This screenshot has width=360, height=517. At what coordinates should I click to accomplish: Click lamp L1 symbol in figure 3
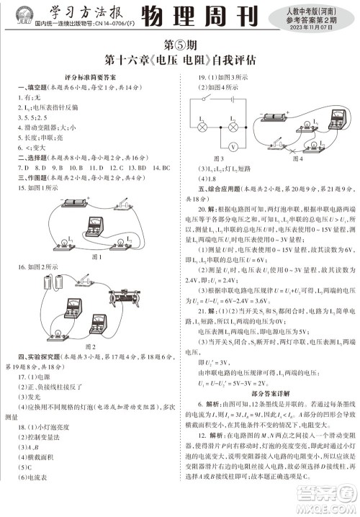tap(204, 125)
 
